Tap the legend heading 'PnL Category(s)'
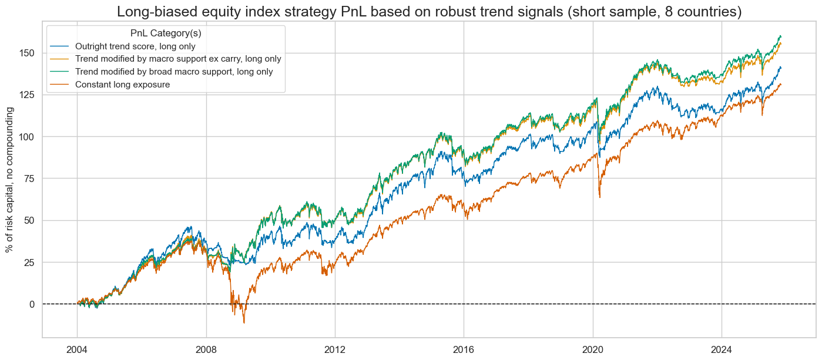(166, 33)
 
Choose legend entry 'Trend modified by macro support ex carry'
(178, 59)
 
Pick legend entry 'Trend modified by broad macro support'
(174, 72)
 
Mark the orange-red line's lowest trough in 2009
(244, 322)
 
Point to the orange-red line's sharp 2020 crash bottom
(599, 197)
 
